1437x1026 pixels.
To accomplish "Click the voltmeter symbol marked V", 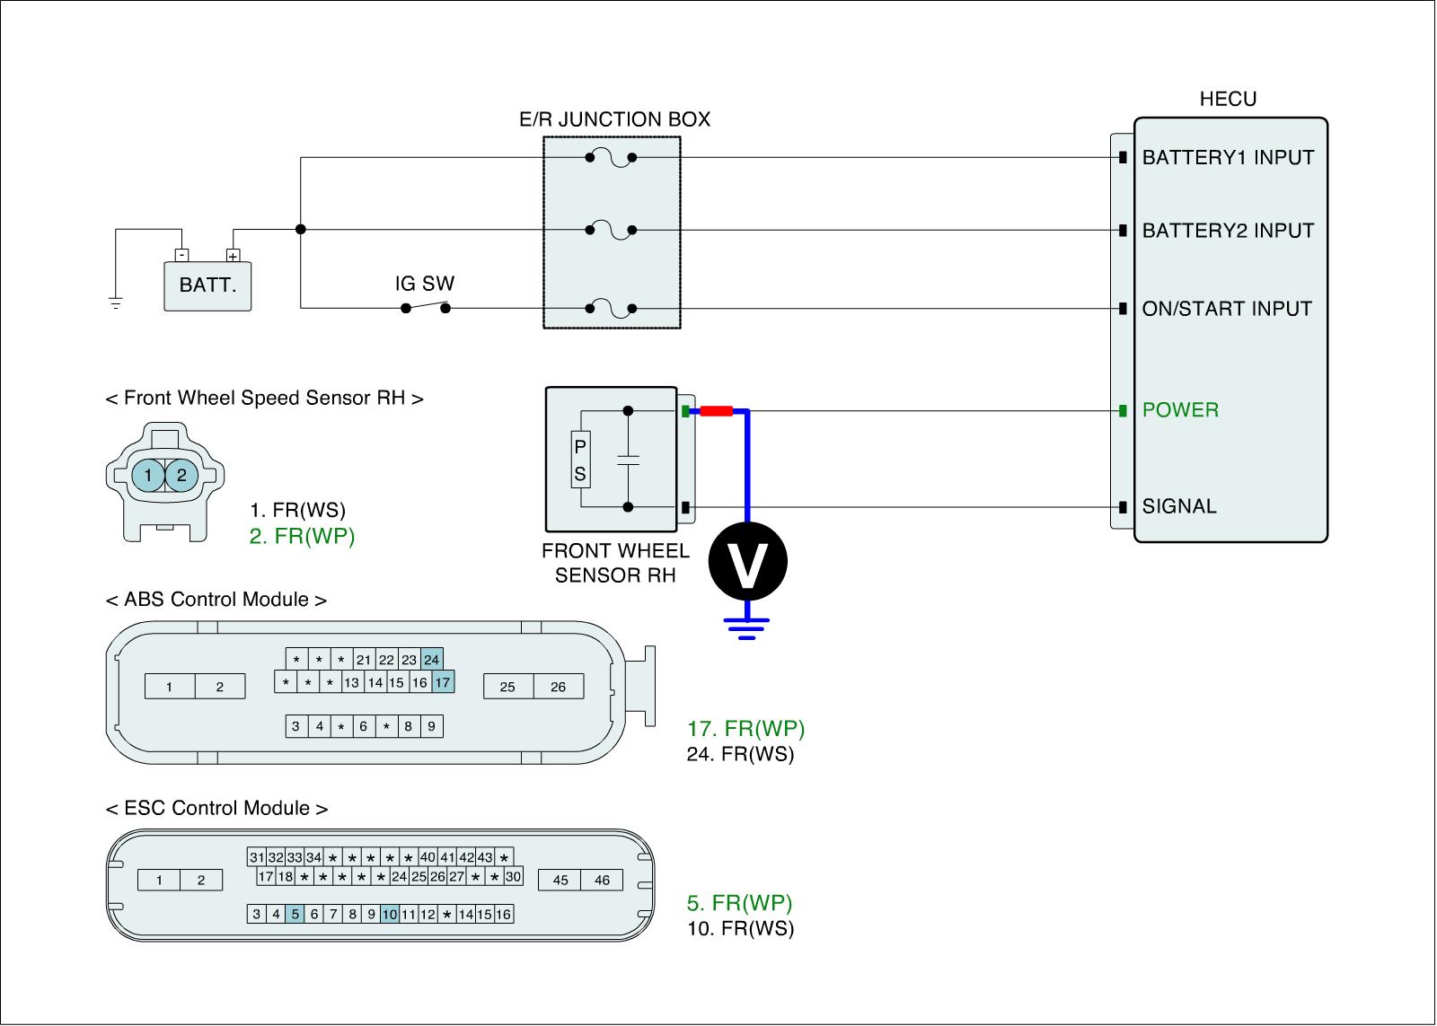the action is click(747, 561).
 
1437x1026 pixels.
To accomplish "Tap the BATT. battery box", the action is click(207, 286).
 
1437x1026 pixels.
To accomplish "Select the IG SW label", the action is click(424, 284).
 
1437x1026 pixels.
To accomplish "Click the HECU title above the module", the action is click(1228, 99).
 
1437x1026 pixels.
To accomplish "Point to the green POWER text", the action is click(1180, 409).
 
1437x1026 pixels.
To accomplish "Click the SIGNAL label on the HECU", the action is click(1179, 506).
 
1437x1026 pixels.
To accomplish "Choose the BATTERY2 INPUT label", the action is click(1228, 230).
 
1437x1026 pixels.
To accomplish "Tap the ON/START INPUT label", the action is click(1227, 309).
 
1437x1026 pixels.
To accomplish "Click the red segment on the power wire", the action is click(716, 411).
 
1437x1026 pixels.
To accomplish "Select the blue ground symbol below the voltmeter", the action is click(746, 628).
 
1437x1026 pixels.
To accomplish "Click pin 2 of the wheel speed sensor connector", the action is click(181, 475).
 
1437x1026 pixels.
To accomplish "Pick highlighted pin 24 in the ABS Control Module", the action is click(432, 659).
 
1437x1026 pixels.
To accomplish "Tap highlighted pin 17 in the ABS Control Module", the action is click(443, 682).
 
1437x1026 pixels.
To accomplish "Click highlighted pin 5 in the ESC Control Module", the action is click(295, 914).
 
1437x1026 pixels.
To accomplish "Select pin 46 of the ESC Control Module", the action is click(602, 880).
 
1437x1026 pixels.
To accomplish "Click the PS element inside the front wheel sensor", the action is click(580, 460).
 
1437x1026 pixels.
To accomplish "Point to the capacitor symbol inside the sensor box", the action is click(628, 460).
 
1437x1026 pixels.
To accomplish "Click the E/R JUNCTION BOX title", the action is click(614, 119).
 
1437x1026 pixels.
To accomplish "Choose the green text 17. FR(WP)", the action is click(745, 729).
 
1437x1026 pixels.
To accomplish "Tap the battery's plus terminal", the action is click(233, 255).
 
